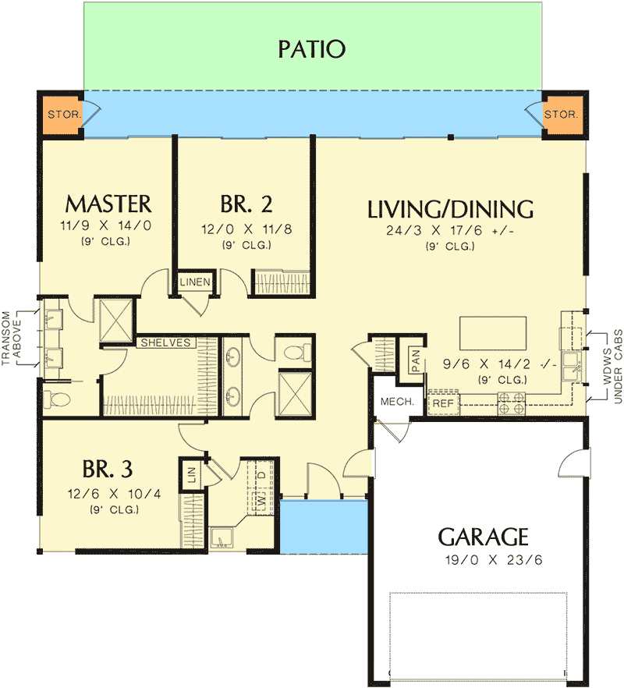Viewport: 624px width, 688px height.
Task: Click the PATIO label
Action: point(311,49)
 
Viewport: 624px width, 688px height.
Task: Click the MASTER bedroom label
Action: point(108,204)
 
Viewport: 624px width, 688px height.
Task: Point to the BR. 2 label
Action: point(246,204)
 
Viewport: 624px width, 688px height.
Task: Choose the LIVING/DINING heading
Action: point(451,209)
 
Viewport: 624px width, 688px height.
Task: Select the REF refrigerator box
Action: point(442,403)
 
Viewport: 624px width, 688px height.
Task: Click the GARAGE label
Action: point(484,537)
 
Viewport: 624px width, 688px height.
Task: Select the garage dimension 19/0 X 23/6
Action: point(484,559)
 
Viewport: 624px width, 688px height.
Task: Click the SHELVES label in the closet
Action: point(165,342)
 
